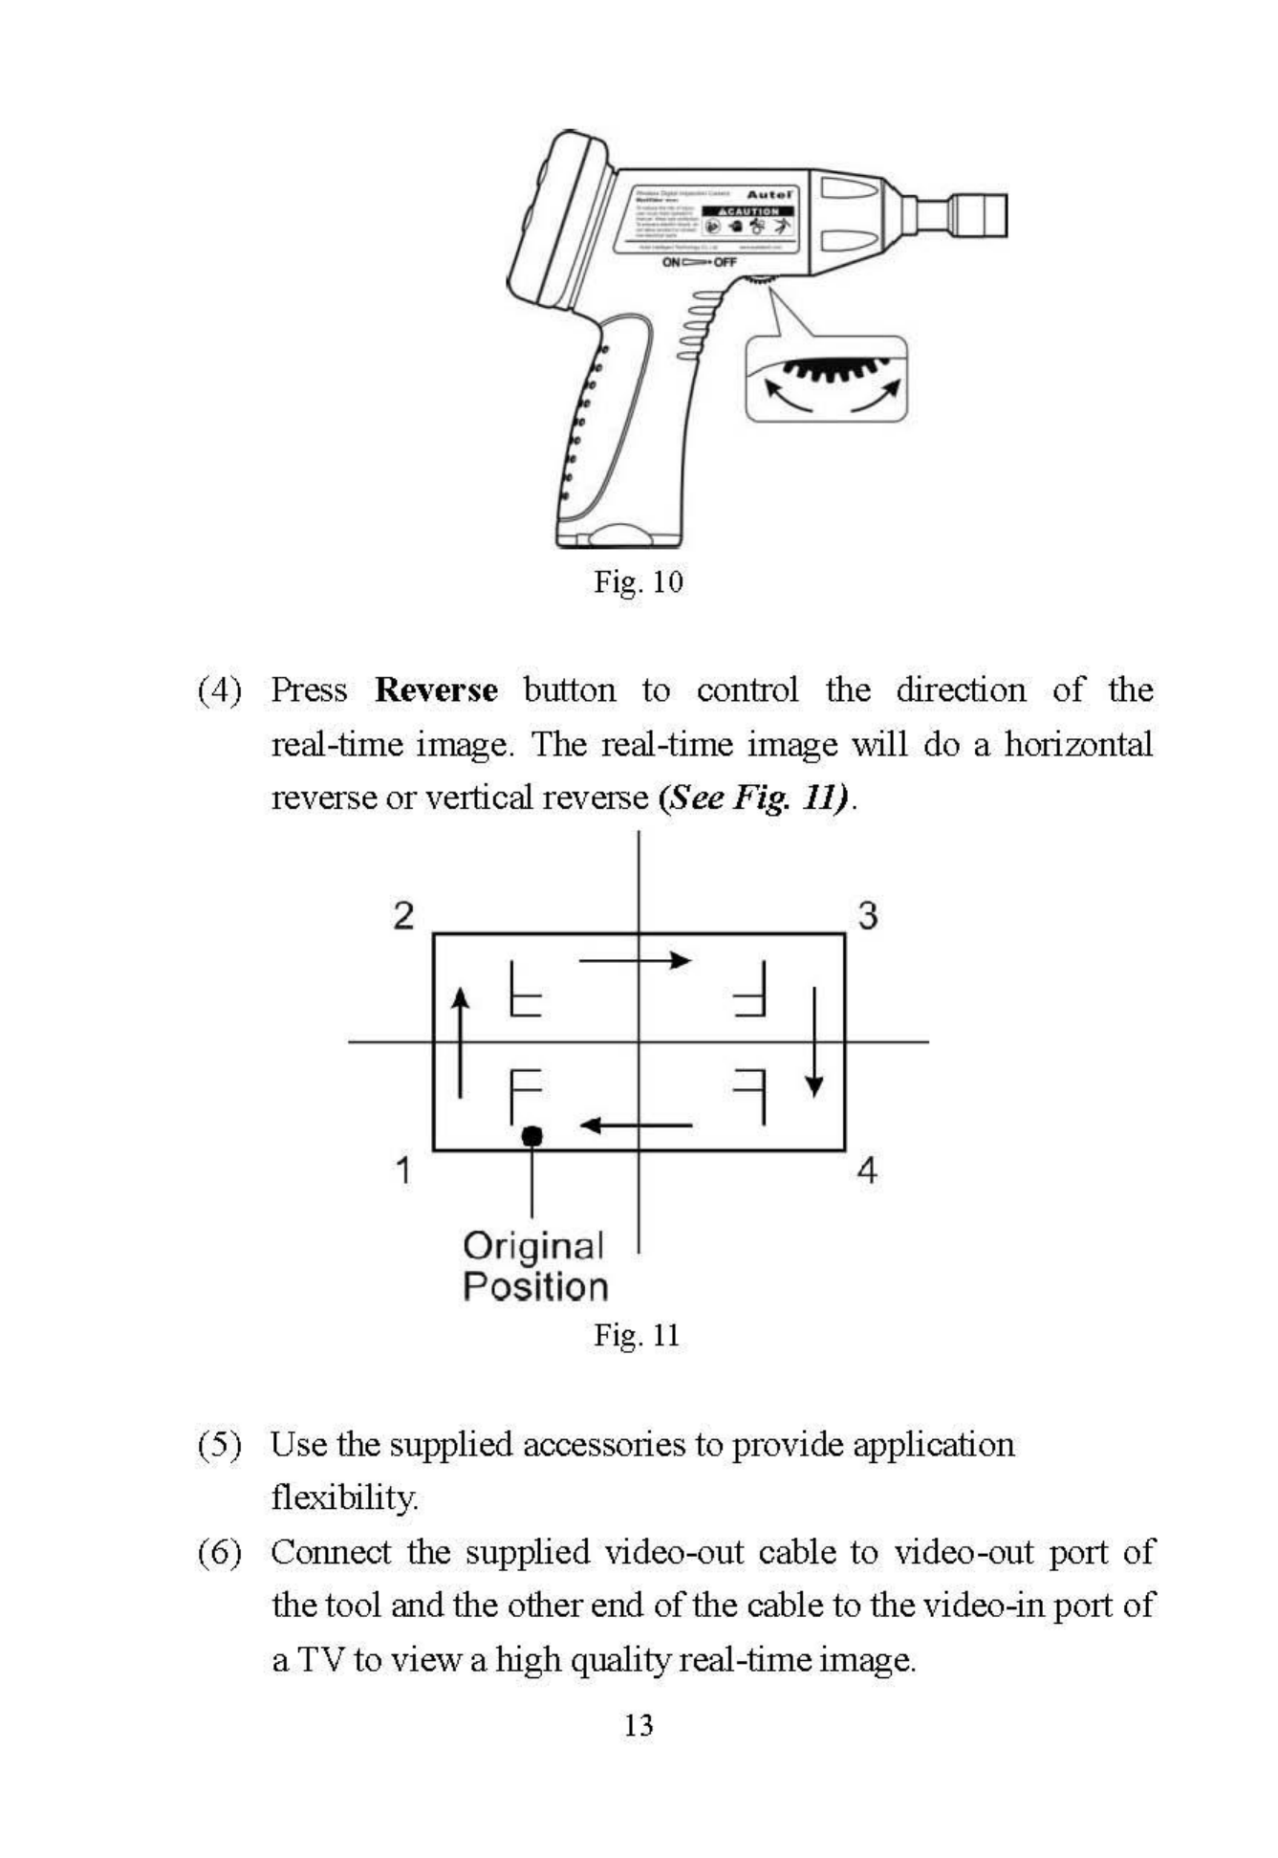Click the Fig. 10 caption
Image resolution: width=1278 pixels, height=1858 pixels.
[639, 581]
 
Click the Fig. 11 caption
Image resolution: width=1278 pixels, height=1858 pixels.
[637, 1335]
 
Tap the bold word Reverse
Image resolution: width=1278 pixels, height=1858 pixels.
[436, 690]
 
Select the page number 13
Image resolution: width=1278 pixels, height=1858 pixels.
[639, 1725]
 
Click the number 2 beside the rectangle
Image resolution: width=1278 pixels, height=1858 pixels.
[403, 916]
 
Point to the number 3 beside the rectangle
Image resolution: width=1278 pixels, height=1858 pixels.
[867, 916]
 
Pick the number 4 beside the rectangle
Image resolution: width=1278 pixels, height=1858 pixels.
[866, 1169]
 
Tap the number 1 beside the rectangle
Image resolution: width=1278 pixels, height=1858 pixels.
[403, 1169]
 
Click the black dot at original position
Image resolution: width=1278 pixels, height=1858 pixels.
[532, 1136]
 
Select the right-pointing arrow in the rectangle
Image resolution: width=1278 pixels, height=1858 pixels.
[635, 960]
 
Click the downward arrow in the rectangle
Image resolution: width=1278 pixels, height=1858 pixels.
[813, 1042]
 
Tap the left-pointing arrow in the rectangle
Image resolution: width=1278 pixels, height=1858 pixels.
[637, 1126]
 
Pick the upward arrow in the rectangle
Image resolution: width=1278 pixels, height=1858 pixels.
[461, 1042]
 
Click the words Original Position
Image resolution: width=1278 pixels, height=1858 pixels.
[534, 1267]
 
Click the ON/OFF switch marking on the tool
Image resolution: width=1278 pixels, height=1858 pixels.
[698, 262]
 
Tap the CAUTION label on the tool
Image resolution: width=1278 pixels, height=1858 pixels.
[748, 211]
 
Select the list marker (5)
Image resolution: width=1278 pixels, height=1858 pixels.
[219, 1445]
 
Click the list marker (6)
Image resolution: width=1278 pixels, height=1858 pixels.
[219, 1552]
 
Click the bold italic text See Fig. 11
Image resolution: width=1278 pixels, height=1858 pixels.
[754, 798]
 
